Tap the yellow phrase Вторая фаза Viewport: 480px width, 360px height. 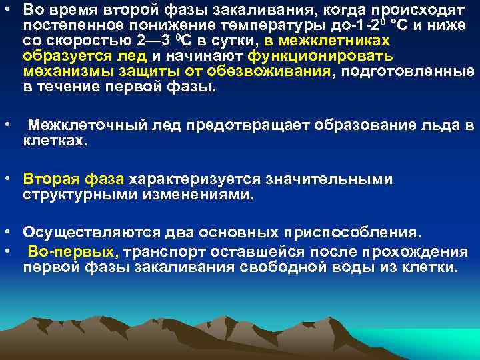point(73,179)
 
